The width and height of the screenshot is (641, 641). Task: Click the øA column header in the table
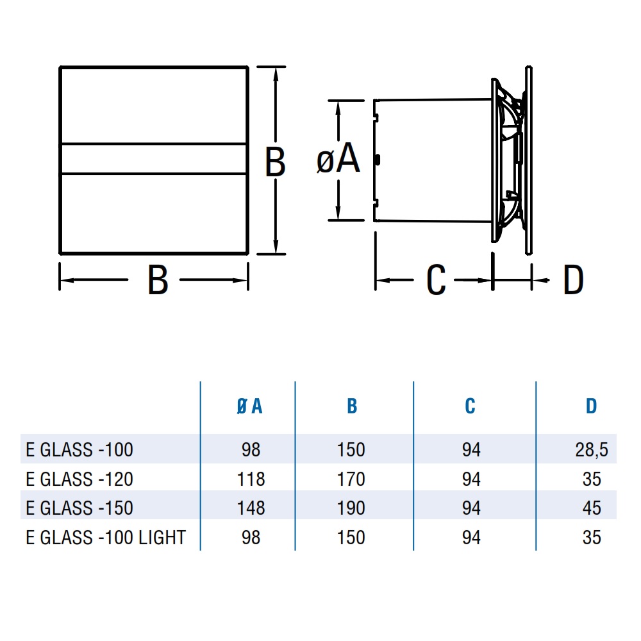point(250,406)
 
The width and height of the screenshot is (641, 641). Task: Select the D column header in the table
point(591,406)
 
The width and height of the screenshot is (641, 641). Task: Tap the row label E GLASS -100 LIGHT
point(106,537)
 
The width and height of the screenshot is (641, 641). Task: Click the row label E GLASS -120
point(79,479)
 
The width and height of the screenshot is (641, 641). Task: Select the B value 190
point(351,508)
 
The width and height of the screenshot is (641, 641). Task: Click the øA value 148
point(251,508)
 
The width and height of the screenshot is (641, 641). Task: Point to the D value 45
point(592,508)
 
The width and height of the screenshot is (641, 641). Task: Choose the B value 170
point(351,479)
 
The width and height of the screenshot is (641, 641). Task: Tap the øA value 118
point(251,479)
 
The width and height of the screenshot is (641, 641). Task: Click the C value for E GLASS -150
point(471,508)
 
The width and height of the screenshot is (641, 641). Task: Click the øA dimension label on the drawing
point(338,160)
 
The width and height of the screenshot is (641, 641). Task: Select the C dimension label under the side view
point(436,280)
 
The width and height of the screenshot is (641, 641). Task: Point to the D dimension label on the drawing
point(573,280)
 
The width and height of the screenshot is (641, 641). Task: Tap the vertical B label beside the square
point(275,162)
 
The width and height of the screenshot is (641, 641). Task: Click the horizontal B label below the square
point(158,280)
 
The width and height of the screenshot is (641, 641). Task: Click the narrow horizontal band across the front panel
point(154,158)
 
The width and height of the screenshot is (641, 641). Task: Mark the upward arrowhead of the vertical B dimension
point(276,72)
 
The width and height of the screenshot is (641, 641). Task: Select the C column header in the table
point(470,406)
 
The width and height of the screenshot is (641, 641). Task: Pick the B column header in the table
point(351,406)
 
